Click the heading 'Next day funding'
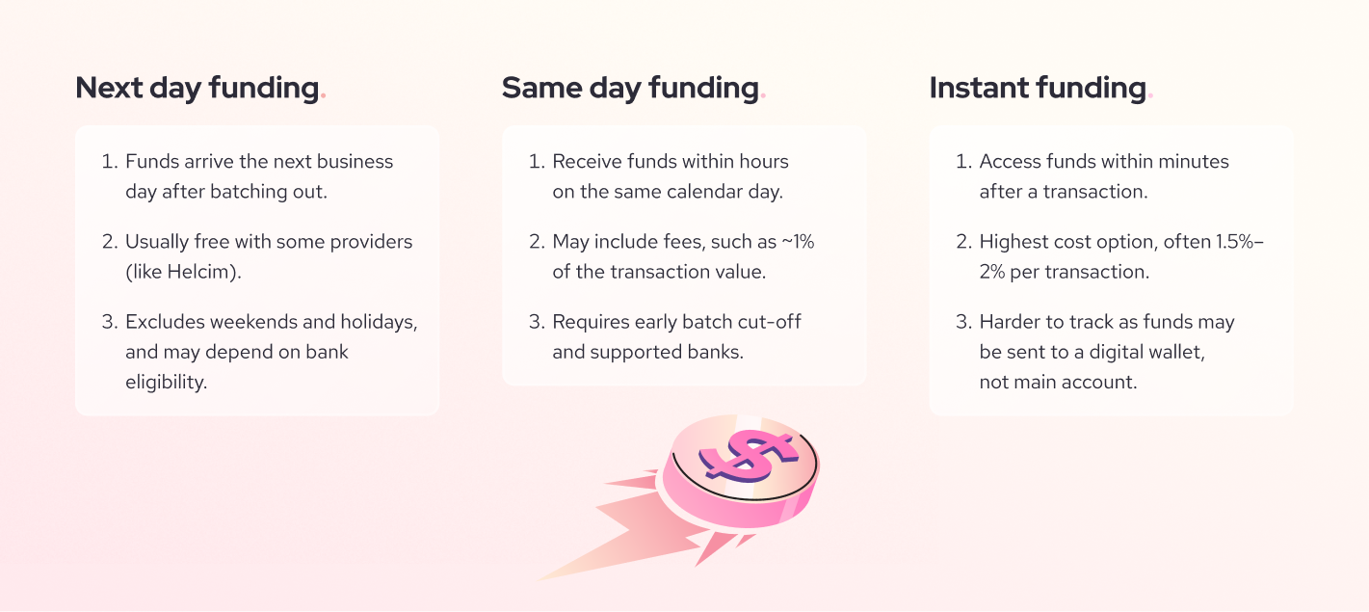(197, 88)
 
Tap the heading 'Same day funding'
(630, 88)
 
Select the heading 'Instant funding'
(1037, 88)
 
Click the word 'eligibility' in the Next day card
(166, 382)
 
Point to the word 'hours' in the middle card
(763, 161)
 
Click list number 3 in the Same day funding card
(537, 322)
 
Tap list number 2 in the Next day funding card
(109, 242)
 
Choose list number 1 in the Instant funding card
(962, 161)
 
